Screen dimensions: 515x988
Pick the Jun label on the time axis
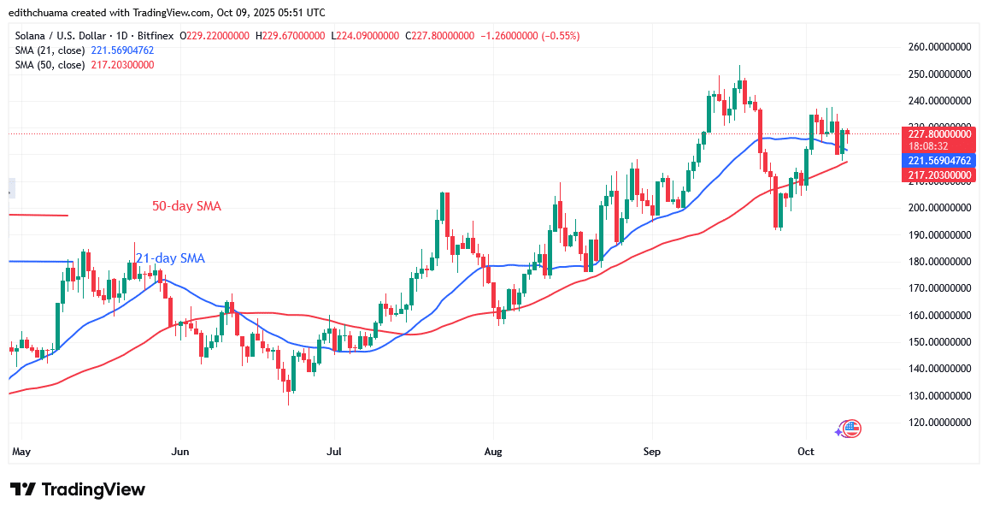tap(179, 450)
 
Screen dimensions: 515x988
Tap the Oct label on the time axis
tap(806, 450)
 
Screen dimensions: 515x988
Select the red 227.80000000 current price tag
tap(939, 133)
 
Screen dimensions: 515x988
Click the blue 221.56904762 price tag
tap(939, 161)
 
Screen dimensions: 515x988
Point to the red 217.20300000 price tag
tap(939, 175)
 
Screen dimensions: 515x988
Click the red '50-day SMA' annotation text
tap(186, 206)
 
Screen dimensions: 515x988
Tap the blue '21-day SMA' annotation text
tap(170, 257)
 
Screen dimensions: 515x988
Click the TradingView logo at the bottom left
tap(78, 489)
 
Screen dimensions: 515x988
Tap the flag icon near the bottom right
tap(851, 428)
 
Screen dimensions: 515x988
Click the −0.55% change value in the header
tap(560, 36)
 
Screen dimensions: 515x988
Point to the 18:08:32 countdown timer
tap(928, 146)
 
